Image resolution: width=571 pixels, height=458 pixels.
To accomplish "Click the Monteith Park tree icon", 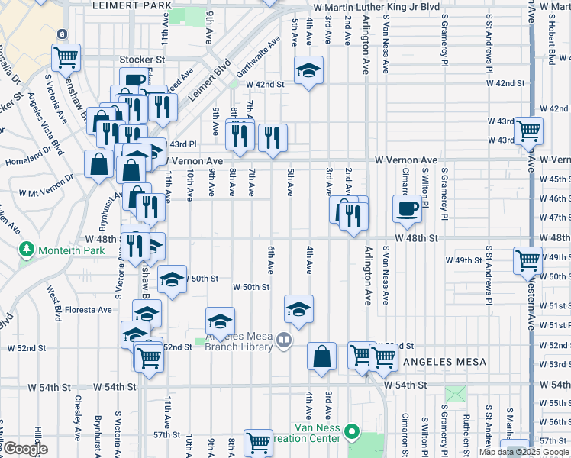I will [27, 250].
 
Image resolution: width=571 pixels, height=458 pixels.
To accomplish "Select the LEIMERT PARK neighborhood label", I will [131, 5].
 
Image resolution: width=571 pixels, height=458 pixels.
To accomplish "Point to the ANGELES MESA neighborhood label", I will [447, 360].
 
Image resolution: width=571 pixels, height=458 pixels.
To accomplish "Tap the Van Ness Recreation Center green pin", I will [352, 433].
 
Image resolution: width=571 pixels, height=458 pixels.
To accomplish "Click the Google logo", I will [24, 450].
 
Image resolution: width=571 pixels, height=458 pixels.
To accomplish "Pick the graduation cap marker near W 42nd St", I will [308, 71].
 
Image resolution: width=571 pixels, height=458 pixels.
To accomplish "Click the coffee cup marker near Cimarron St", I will [407, 208].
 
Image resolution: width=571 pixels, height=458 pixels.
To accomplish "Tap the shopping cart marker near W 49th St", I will [528, 260].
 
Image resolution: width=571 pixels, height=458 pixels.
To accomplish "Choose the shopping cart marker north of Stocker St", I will [66, 56].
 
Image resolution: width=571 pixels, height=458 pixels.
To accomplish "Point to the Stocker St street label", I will [142, 59].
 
